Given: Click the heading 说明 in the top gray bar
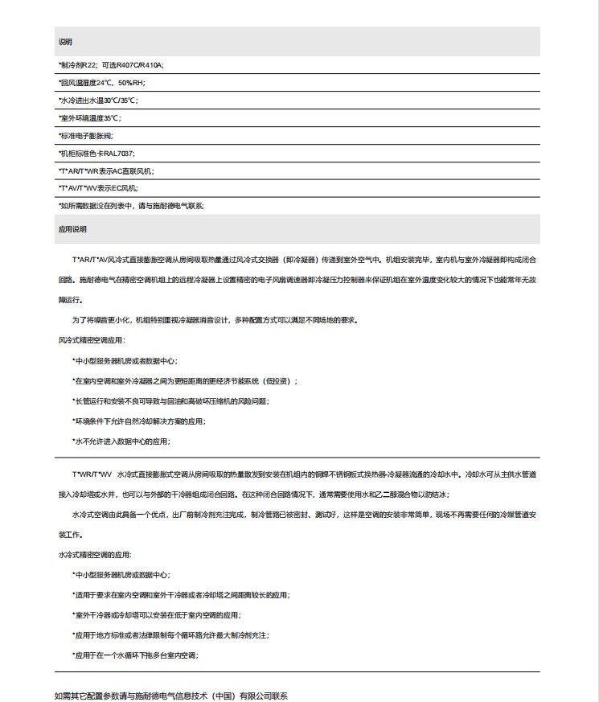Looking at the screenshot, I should [x=65, y=41].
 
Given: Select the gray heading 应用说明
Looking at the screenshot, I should [x=72, y=229].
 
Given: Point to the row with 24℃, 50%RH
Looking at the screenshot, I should [x=101, y=83].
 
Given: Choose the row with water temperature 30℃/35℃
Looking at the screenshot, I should [x=98, y=101].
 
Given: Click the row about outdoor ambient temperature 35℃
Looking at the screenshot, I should [x=89, y=118].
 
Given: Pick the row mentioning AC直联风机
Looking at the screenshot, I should [x=105, y=170].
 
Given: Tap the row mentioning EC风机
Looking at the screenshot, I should [x=98, y=188].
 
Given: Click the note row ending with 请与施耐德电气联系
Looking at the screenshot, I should [x=131, y=206].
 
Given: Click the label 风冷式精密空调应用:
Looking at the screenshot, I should [x=92, y=340].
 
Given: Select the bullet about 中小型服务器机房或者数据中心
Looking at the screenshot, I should [x=125, y=361].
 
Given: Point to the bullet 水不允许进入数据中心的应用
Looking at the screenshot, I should [x=121, y=441].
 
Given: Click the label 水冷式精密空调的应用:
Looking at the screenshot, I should [x=94, y=555].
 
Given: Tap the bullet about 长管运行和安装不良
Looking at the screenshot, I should [x=170, y=400].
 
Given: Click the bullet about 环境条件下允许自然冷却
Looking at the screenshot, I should [x=130, y=421].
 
